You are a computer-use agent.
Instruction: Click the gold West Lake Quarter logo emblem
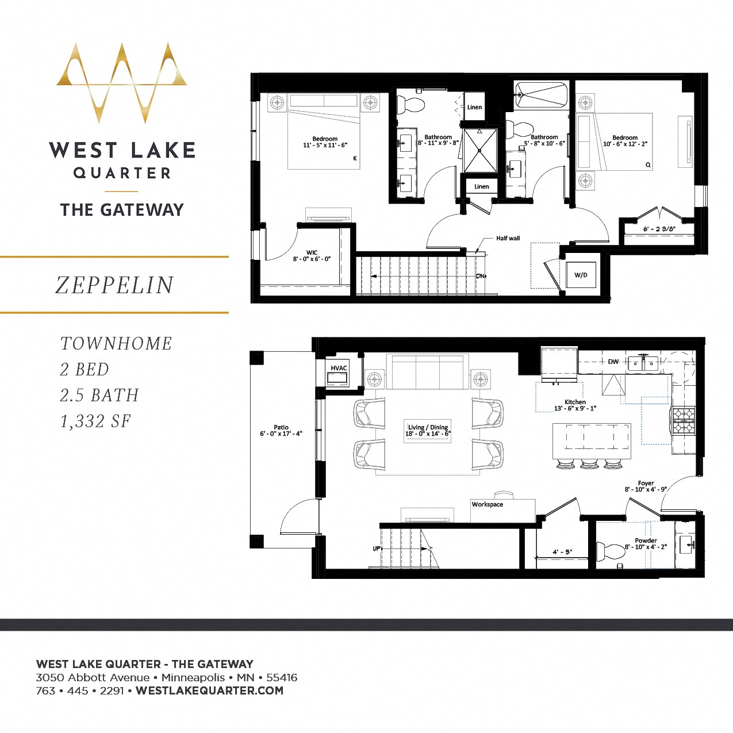coord(122,82)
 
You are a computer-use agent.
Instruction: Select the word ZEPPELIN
coord(114,285)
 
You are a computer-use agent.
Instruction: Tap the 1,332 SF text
coord(95,421)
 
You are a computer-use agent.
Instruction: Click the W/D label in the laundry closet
coord(581,275)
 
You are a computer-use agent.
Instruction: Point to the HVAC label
coord(339,369)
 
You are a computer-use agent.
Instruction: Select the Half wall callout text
coord(508,238)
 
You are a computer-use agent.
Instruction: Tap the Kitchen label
coord(575,402)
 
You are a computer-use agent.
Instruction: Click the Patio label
coord(281,427)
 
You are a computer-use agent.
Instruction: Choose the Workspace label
coord(488,505)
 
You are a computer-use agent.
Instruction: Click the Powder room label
coord(646,541)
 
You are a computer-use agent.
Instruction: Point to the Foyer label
coord(646,483)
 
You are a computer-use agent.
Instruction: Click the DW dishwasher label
coord(613,362)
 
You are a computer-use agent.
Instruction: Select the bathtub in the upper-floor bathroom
coord(541,95)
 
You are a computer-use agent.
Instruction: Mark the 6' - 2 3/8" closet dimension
coord(659,229)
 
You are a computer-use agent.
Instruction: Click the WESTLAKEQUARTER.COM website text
coord(209,690)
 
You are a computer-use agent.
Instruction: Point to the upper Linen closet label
coord(474,108)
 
